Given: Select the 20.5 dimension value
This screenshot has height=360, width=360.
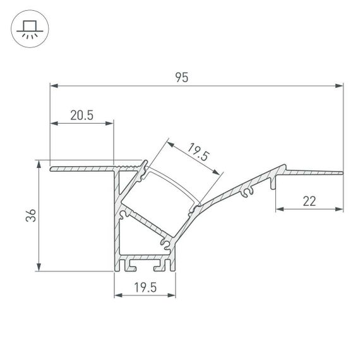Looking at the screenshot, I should pyautogui.click(x=82, y=115).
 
